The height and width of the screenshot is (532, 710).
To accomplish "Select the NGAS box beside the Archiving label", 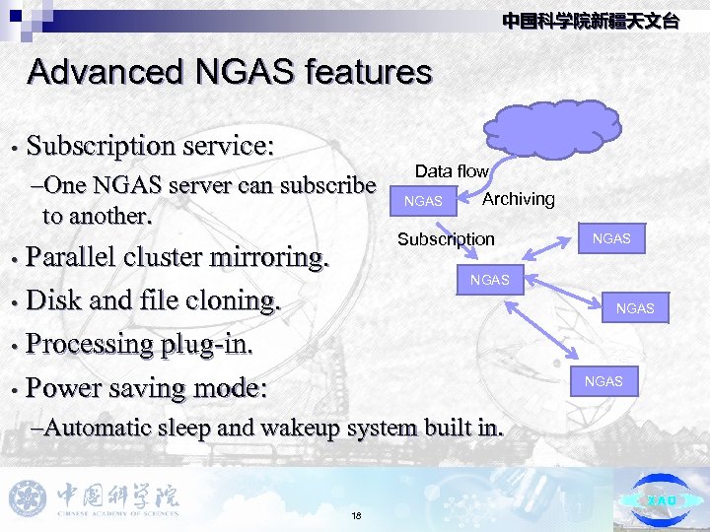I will (424, 201).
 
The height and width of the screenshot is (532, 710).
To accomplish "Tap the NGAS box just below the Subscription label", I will (490, 280).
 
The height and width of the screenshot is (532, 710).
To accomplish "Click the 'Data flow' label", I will (452, 171).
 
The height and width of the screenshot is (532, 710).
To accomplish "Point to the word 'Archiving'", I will (519, 199).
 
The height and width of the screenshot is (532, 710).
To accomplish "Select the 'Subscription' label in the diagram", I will (446, 238).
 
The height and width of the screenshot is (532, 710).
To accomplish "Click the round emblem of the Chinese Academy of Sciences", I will (28, 498).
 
